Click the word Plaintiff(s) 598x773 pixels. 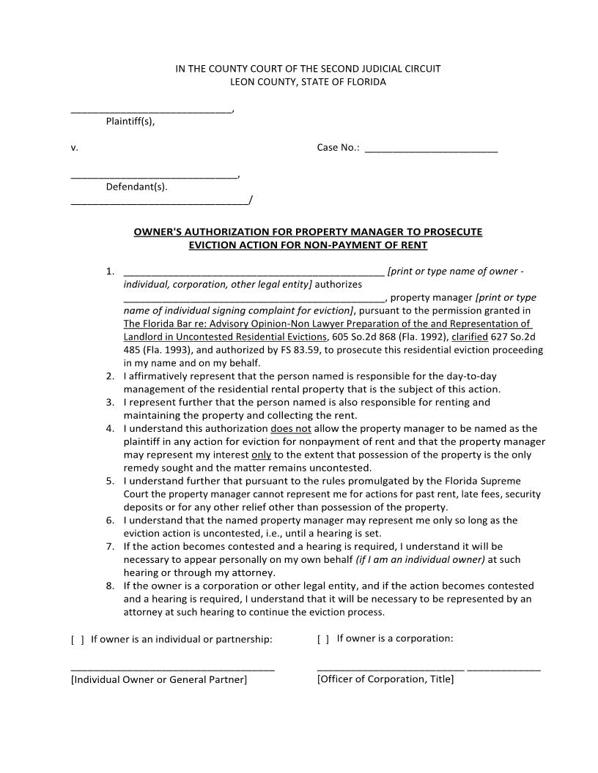pyautogui.click(x=130, y=122)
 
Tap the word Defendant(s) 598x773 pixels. pyautogui.click(x=136, y=187)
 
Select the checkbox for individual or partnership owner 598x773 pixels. pyautogui.click(x=77, y=640)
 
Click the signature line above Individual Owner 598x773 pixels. pyautogui.click(x=172, y=669)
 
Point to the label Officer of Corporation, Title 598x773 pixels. pyautogui.click(x=385, y=679)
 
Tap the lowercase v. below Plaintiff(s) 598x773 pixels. pyautogui.click(x=74, y=148)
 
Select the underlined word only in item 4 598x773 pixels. pyautogui.click(x=262, y=455)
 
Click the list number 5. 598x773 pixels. pyautogui.click(x=110, y=482)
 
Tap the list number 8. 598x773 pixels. pyautogui.click(x=110, y=586)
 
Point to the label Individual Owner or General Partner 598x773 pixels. pyautogui.click(x=159, y=680)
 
